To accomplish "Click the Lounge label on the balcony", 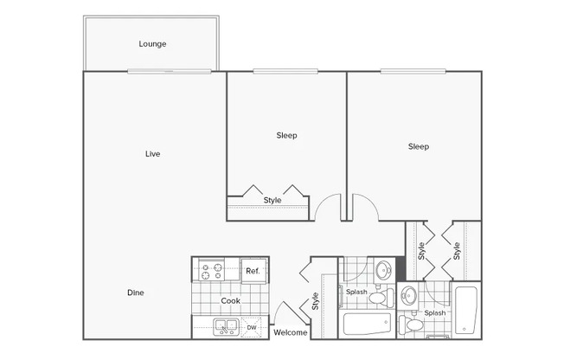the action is coord(152,44).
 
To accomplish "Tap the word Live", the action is coord(152,154).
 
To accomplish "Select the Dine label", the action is coord(136,292).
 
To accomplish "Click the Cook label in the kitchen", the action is coord(231,301).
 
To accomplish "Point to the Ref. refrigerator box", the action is coord(253,271).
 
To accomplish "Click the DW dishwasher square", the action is coord(252,328).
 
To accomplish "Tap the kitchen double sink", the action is coord(226,327).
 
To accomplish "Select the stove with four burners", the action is coord(211,270).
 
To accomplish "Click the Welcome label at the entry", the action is coord(291,332).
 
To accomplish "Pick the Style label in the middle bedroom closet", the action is coord(272,200).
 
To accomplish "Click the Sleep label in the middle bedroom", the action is coord(286,135).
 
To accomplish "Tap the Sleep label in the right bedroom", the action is coord(419,146).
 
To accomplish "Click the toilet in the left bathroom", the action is coord(381,298).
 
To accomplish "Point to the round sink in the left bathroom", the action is coord(384,269).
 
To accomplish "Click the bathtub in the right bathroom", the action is coord(465,310).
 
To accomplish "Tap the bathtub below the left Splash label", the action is coord(367,324).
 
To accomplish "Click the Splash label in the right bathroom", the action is coord(435,313).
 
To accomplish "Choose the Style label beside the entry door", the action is coord(315,301).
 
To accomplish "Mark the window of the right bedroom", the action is coord(413,71).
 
